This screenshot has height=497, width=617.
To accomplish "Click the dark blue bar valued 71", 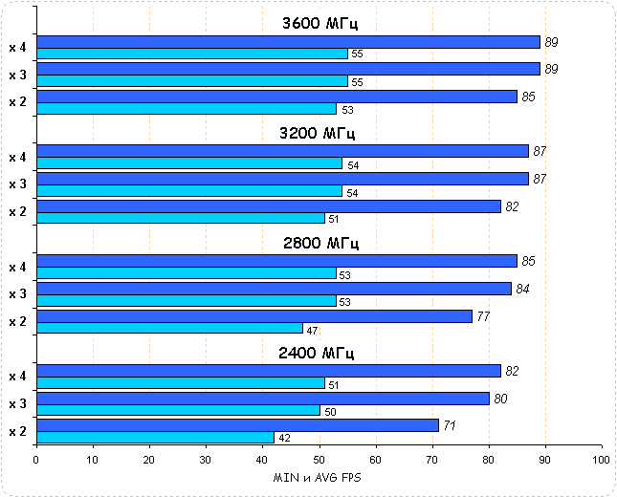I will pyautogui.click(x=237, y=425).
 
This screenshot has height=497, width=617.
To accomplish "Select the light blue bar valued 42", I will pyautogui.click(x=155, y=438).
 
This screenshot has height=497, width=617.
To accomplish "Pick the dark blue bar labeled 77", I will pyautogui.click(x=254, y=315).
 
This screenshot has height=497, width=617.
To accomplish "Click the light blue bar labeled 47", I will pyautogui.click(x=169, y=328).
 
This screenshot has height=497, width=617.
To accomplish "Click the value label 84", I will pyautogui.click(x=522, y=289).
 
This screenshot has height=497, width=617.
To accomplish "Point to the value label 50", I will pyautogui.click(x=332, y=411).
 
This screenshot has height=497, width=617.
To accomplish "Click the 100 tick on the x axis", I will pyautogui.click(x=602, y=460).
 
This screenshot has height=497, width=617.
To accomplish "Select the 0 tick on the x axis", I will pyautogui.click(x=36, y=460).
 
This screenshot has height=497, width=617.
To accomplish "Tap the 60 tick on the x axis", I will pyautogui.click(x=376, y=460).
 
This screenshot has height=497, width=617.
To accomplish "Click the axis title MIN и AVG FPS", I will pyautogui.click(x=319, y=477).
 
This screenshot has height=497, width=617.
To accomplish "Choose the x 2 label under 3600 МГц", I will pyautogui.click(x=17, y=101).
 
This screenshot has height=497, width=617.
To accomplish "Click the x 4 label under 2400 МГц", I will pyautogui.click(x=17, y=377).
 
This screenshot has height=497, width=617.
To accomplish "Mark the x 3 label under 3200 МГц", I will pyautogui.click(x=17, y=184).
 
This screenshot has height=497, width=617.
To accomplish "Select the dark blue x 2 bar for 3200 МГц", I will pyautogui.click(x=269, y=205).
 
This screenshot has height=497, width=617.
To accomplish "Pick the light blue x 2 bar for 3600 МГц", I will pyautogui.click(x=187, y=108).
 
